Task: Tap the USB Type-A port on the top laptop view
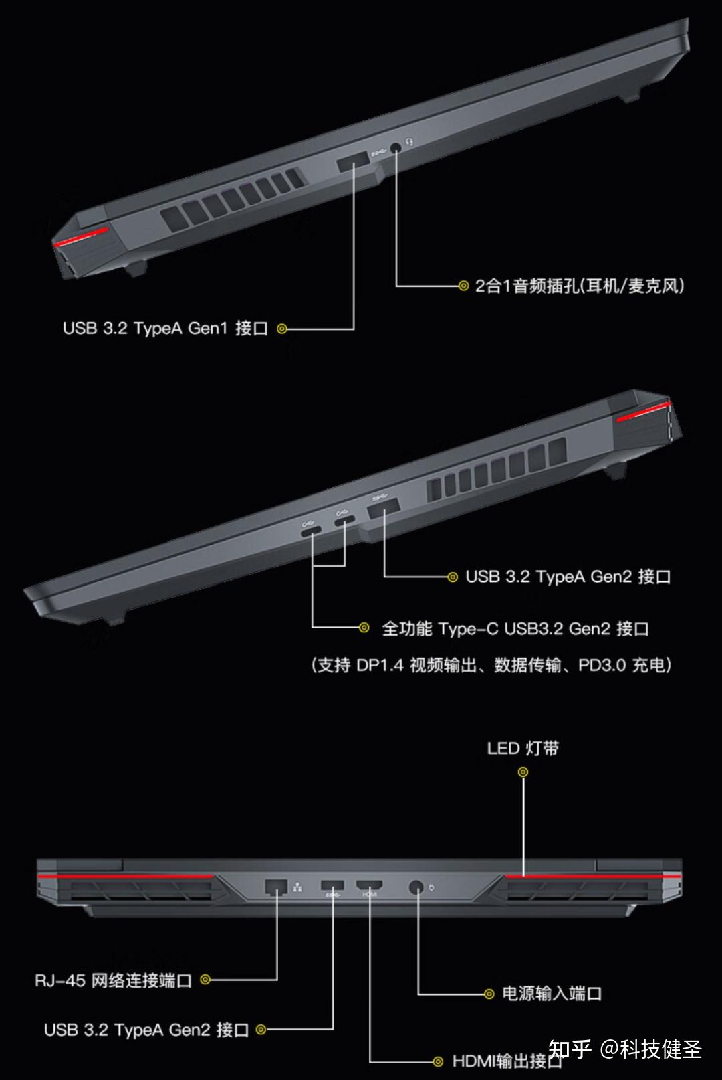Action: click(353, 163)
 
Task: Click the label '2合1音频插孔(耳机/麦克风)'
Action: click(579, 286)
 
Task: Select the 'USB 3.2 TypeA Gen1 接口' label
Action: click(165, 329)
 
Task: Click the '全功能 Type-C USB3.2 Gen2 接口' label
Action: click(515, 629)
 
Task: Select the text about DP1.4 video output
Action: click(491, 665)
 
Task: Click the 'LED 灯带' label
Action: click(523, 748)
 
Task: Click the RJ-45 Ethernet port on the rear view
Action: click(276, 887)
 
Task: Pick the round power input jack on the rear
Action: click(416, 888)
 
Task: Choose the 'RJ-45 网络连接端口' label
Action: click(114, 980)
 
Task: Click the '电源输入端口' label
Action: click(552, 994)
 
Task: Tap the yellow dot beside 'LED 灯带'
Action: click(523, 772)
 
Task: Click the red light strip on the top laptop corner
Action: click(82, 236)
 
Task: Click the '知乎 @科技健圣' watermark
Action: click(625, 1049)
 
